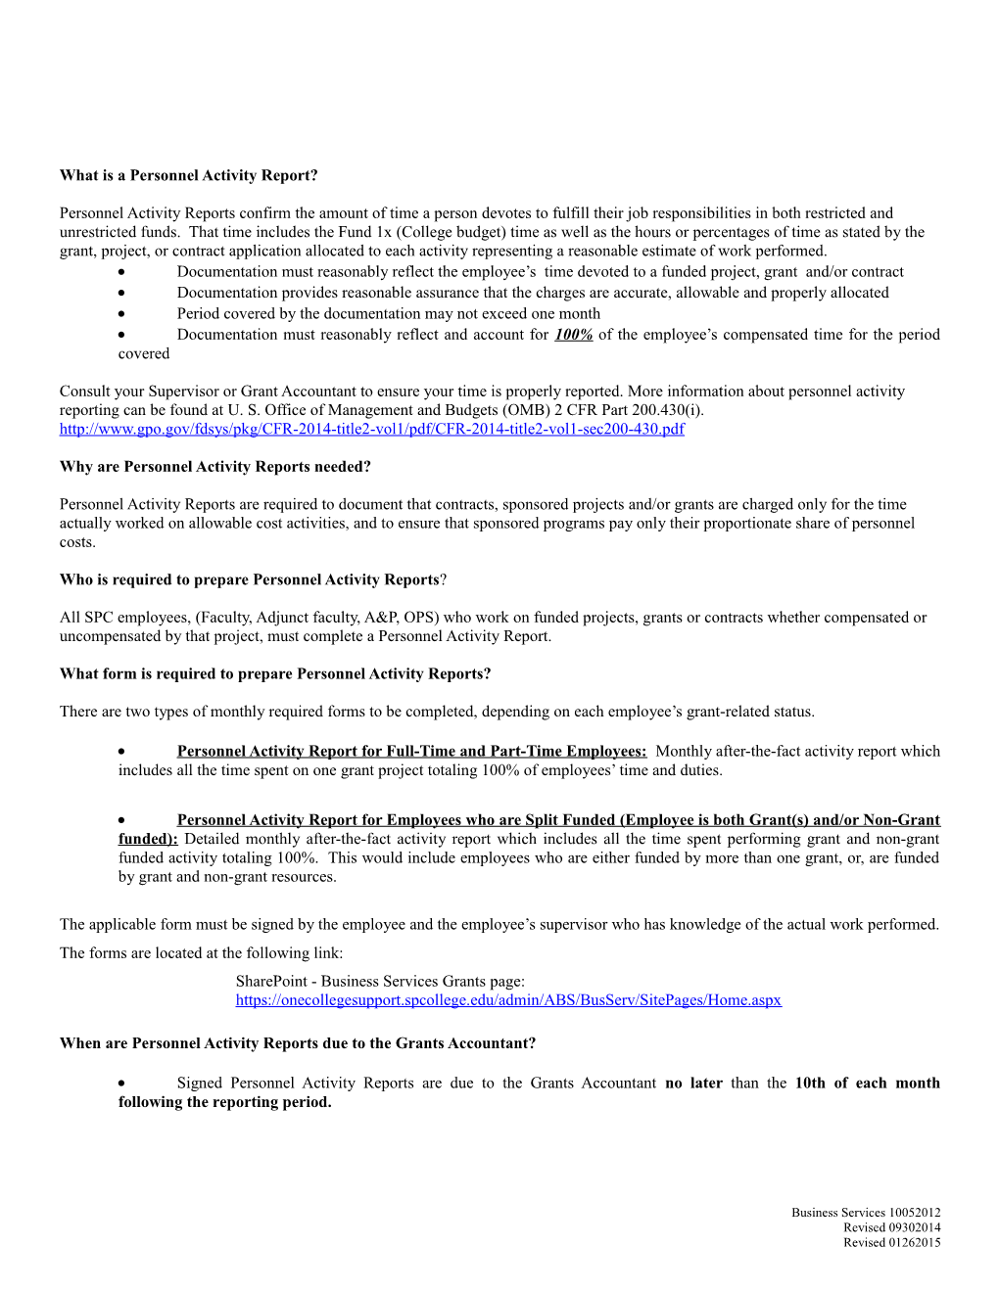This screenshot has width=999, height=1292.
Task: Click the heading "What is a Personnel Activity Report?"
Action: point(188,175)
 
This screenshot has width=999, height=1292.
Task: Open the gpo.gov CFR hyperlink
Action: point(371,429)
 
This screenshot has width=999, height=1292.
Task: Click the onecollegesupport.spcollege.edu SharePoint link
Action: point(508,999)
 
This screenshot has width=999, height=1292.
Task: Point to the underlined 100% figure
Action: point(573,335)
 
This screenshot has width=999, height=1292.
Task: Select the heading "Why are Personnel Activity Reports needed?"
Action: point(214,467)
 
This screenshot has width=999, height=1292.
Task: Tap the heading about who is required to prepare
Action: point(252,579)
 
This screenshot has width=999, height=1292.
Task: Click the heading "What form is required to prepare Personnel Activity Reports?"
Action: point(274,673)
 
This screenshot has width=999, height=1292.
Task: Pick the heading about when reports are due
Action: point(297,1043)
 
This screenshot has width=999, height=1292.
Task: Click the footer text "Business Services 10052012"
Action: point(866,1213)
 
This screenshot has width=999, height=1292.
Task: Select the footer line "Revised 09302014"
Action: point(891,1227)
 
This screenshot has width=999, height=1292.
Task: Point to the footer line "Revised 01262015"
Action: point(891,1243)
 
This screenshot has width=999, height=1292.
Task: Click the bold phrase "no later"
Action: point(693,1083)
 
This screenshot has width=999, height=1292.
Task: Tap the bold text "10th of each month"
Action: point(867,1083)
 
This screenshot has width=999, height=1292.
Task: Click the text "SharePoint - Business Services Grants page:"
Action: point(380,981)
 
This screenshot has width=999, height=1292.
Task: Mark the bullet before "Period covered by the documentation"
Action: point(121,314)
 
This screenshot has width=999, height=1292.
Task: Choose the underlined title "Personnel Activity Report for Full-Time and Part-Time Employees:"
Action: point(411,751)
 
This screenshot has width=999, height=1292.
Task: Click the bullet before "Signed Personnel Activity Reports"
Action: point(121,1084)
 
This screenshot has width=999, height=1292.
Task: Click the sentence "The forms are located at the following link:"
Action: point(201,952)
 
